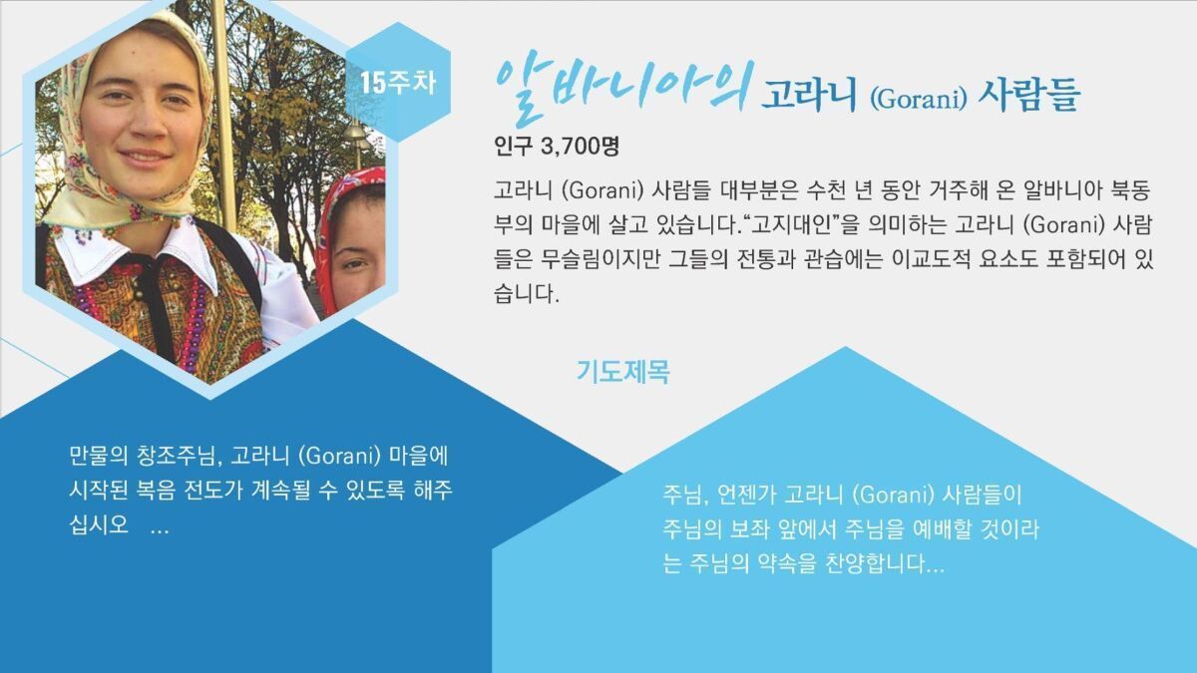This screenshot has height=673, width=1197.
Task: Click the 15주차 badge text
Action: [x=398, y=84]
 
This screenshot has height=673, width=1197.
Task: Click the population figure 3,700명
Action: [x=580, y=147]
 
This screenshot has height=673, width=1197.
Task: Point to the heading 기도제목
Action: [x=623, y=372]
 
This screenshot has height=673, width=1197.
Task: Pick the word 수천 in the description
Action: [x=826, y=190]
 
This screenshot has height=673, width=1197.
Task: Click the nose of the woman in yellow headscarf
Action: [x=144, y=124]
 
